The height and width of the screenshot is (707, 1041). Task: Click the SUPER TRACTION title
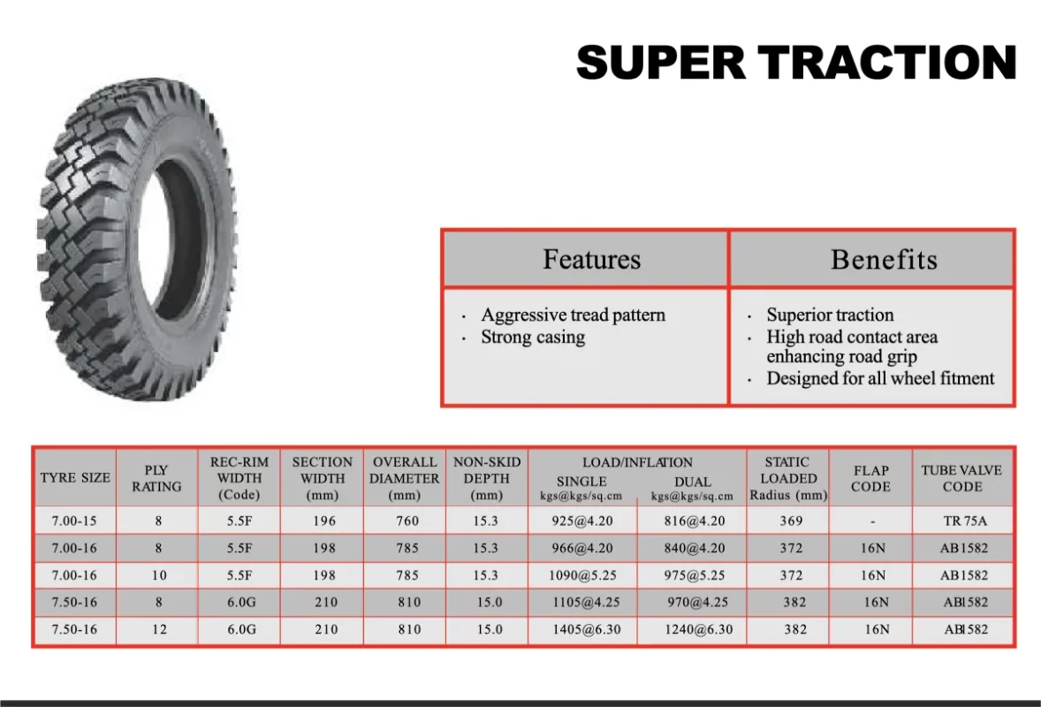796,63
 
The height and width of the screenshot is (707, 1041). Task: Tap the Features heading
591,260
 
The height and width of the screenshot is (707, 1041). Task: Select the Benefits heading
884,260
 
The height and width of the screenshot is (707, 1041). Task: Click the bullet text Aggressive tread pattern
573,315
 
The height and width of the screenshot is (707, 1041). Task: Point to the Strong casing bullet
533,338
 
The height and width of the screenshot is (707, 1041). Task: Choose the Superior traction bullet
830,315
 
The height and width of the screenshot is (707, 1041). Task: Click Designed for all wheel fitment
880,378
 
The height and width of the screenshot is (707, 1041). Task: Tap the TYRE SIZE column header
75,478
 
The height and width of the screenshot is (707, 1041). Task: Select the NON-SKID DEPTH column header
487,478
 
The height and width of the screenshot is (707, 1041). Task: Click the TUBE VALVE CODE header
962,478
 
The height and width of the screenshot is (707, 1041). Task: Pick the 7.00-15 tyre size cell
74,521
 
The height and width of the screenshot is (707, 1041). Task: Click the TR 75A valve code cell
965,521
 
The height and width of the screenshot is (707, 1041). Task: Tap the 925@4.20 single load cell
582,521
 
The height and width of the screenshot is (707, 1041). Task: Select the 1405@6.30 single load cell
586,629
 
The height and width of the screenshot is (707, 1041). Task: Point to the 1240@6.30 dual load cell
698,629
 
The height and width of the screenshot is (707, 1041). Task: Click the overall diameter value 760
407,521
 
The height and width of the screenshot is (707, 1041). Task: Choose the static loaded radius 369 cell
791,521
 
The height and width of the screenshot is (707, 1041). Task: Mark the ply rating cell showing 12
159,629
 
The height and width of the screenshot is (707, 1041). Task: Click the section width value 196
324,521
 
